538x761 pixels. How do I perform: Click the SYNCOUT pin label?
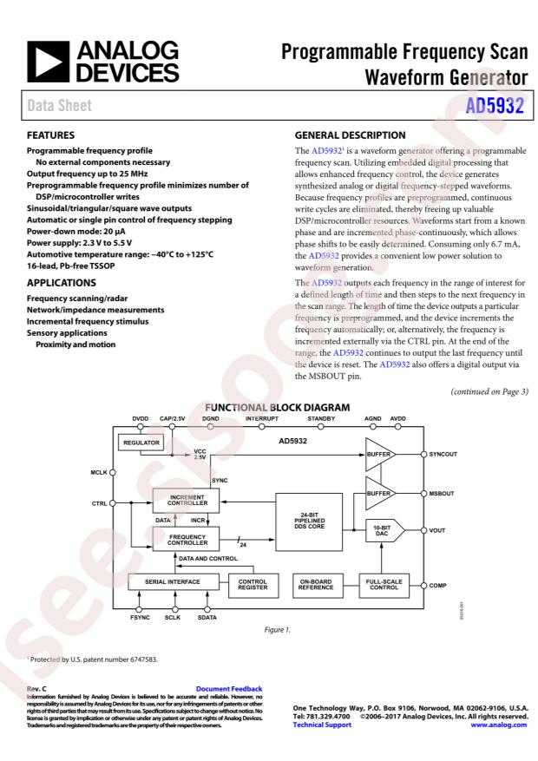point(451,454)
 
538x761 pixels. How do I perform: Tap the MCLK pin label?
point(98,474)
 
